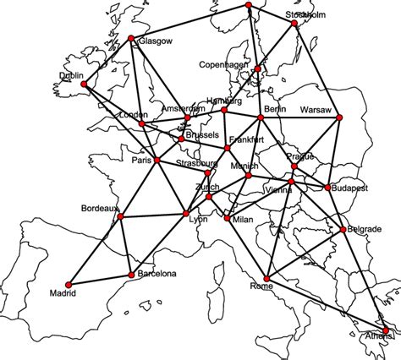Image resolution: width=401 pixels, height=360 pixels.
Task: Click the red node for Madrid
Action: [66, 285]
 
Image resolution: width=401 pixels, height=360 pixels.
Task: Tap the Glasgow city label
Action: [155, 41]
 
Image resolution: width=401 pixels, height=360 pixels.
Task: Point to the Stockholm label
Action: [305, 14]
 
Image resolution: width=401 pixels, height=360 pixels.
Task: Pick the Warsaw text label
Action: [317, 109]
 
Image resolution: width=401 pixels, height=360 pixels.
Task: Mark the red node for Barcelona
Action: [129, 274]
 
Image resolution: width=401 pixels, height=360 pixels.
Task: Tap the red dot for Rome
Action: [267, 277]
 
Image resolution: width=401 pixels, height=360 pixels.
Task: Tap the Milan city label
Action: [243, 220]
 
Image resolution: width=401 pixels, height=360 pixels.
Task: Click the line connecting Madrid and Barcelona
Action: [97, 280]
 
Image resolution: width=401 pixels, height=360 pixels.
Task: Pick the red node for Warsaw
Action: [340, 117]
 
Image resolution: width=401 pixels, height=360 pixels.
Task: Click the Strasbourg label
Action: [197, 163]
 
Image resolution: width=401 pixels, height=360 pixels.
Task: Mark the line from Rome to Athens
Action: [327, 303]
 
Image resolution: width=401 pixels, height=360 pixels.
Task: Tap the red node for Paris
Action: [157, 160]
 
